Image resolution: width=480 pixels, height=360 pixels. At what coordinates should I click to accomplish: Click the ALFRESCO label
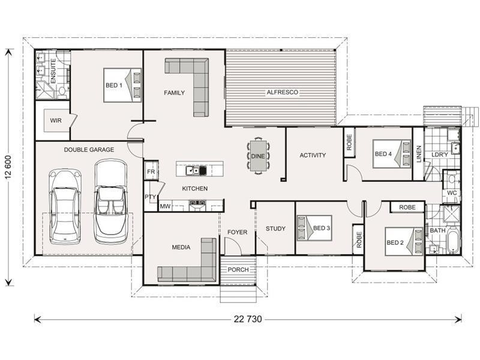coord(282,92)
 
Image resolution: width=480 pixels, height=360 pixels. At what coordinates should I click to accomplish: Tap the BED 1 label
coord(114,85)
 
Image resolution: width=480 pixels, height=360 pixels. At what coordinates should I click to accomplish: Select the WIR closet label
coord(56,121)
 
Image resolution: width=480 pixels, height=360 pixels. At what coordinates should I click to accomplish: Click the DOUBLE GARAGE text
coord(89,149)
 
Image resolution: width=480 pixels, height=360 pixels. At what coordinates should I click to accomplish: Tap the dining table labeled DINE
coord(258,155)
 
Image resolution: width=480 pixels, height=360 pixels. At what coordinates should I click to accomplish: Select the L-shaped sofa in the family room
coord(192,84)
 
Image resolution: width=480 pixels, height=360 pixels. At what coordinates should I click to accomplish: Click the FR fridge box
coord(151,172)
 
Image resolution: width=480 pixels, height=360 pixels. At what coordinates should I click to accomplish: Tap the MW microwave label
coord(165,206)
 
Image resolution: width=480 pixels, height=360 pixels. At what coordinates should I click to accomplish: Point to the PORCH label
coord(238,269)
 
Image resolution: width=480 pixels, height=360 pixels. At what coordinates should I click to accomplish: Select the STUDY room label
coord(275,229)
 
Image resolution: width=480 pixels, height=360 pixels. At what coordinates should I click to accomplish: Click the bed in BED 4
coord(391,154)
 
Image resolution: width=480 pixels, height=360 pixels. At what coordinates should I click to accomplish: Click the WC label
coord(452,193)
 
